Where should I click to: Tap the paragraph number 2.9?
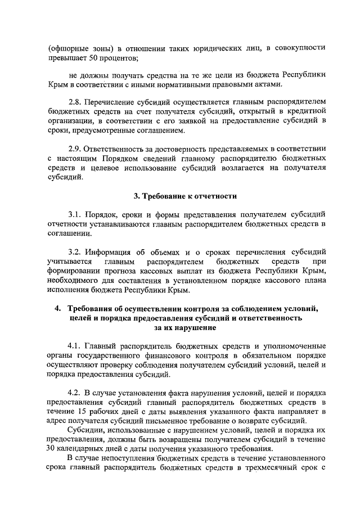(75, 148)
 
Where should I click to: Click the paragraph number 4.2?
(75, 391)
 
